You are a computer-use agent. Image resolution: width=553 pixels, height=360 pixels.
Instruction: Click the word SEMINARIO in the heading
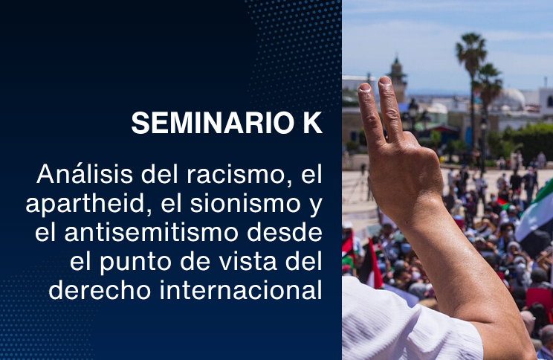click(213, 123)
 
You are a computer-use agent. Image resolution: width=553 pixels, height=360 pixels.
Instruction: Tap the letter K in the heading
click(313, 123)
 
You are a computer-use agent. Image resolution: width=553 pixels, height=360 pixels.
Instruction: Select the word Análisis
click(85, 173)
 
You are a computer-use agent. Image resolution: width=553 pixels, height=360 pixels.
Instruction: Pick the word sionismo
click(245, 204)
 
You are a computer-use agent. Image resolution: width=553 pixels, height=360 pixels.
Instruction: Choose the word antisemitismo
click(151, 233)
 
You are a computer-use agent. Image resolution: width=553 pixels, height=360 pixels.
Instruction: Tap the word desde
click(285, 232)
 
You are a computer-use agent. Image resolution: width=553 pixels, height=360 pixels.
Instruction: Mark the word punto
click(135, 263)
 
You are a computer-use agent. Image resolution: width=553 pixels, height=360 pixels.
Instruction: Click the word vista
click(248, 262)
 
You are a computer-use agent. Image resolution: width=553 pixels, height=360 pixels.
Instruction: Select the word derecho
click(100, 291)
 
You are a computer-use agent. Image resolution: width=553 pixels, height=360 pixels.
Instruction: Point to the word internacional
click(242, 291)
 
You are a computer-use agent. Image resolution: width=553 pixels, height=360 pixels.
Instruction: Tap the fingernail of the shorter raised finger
click(364, 87)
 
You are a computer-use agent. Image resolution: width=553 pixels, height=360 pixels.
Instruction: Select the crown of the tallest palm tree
click(471, 48)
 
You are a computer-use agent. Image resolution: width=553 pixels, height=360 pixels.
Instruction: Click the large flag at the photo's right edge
click(534, 215)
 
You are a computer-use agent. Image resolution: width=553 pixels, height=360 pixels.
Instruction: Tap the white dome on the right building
click(512, 97)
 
